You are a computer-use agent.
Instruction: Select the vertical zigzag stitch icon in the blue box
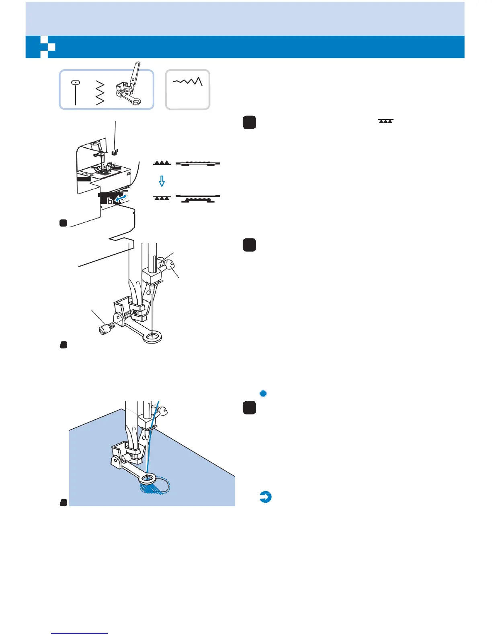99,92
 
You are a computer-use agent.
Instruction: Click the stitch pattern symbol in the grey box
188,82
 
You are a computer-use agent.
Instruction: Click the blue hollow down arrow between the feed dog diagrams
162,181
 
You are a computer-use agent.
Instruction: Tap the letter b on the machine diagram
110,201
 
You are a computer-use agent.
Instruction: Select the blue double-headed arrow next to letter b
122,197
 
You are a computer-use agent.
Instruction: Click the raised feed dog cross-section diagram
198,163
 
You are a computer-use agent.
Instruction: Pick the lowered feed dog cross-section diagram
198,198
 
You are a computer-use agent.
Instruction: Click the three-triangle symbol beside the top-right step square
385,121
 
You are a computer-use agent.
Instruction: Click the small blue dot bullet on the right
263,393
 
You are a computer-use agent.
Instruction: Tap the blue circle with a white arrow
265,497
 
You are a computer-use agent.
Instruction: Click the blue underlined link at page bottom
80,633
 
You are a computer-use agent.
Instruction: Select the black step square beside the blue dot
250,408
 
